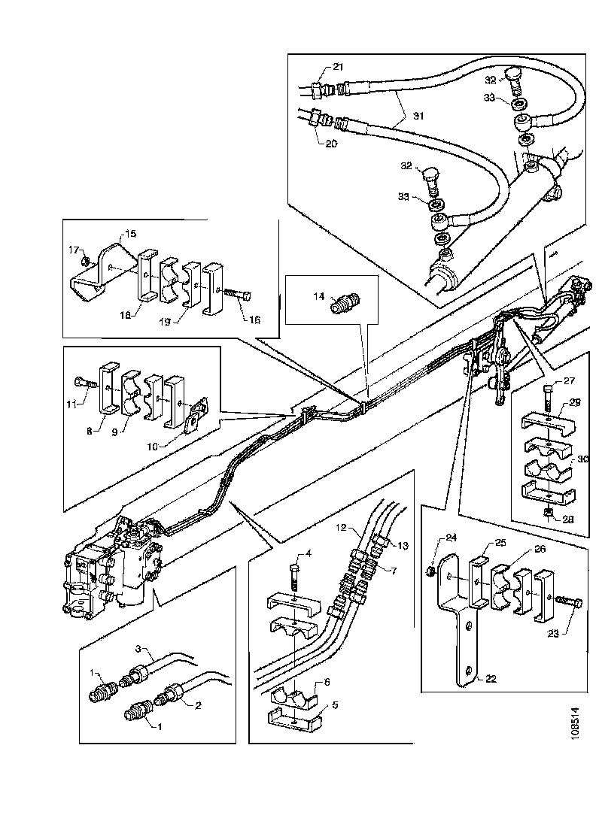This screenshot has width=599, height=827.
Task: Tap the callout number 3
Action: pyautogui.click(x=138, y=648)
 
